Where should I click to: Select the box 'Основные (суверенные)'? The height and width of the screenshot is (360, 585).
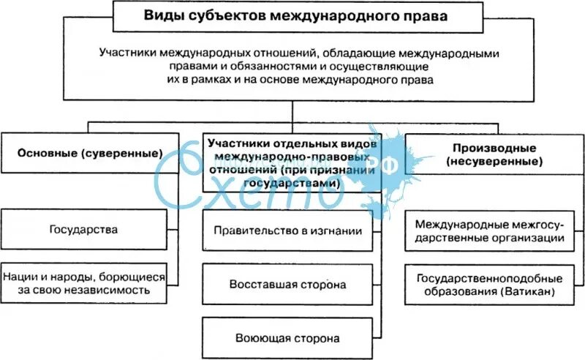tap(89, 154)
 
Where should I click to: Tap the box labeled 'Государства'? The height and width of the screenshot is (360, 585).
tap(84, 230)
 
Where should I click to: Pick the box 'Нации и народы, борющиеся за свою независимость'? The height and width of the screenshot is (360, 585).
tap(84, 284)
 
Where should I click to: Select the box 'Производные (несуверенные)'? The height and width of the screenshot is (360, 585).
tap(494, 154)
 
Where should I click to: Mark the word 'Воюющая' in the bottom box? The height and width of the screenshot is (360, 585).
tap(260, 338)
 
